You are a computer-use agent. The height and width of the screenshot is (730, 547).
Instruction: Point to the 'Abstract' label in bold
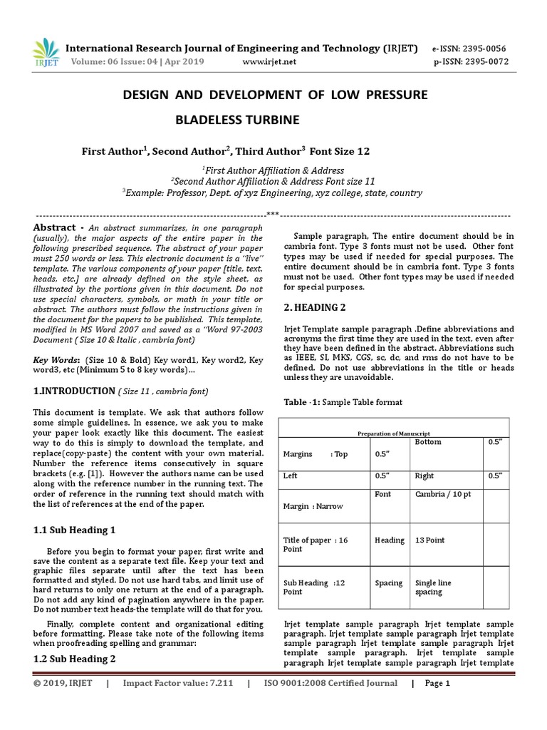pos(56,227)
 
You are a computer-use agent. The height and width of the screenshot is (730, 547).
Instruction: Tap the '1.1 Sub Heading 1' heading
pos(74,530)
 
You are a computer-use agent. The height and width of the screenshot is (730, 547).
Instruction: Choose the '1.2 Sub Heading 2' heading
pos(74,659)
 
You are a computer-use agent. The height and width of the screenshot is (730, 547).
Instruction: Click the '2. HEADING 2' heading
pos(314,307)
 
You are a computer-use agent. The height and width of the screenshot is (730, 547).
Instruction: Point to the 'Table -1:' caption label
pos(302,402)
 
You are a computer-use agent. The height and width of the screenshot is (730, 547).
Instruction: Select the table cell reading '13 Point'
pos(430,540)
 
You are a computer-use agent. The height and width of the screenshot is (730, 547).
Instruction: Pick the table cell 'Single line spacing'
pos(434,587)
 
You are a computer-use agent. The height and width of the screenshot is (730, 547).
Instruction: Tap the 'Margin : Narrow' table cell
pos(313,506)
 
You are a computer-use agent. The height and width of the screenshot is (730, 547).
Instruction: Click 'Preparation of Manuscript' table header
pos(394,433)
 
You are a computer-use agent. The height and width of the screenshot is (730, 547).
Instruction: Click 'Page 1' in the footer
pos(437,684)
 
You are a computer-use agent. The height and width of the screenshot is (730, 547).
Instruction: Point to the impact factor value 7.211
pos(217,684)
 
